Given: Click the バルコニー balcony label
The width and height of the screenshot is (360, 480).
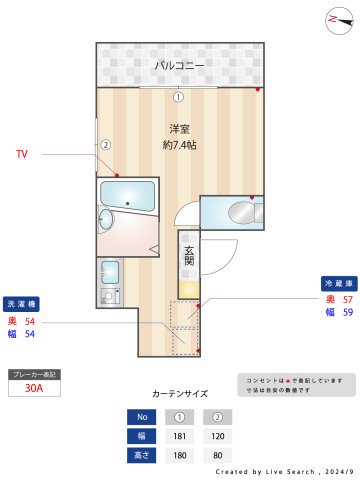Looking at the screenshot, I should click(180, 66).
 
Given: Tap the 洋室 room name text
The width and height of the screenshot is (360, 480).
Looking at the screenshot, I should click(180, 129).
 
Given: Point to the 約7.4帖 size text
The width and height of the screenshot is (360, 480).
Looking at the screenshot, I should click(180, 145).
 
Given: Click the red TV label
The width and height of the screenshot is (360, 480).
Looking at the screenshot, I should click(22, 155).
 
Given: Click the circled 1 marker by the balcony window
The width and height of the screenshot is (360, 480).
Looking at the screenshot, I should click(178, 97).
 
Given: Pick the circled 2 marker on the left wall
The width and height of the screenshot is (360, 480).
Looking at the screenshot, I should click(104, 144).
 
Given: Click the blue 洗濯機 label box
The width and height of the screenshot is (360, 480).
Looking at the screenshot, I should click(23, 302).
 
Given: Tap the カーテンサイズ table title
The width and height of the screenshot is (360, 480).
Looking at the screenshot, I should click(180, 394).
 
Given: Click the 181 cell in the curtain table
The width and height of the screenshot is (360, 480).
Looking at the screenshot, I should click(180, 435).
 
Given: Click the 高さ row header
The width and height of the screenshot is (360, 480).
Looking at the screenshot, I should click(142, 455).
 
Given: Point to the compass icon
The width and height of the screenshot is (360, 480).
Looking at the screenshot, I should click(333, 19).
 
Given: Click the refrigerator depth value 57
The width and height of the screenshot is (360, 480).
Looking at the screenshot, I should click(348, 299).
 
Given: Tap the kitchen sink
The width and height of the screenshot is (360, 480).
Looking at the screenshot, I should click(110, 271).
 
